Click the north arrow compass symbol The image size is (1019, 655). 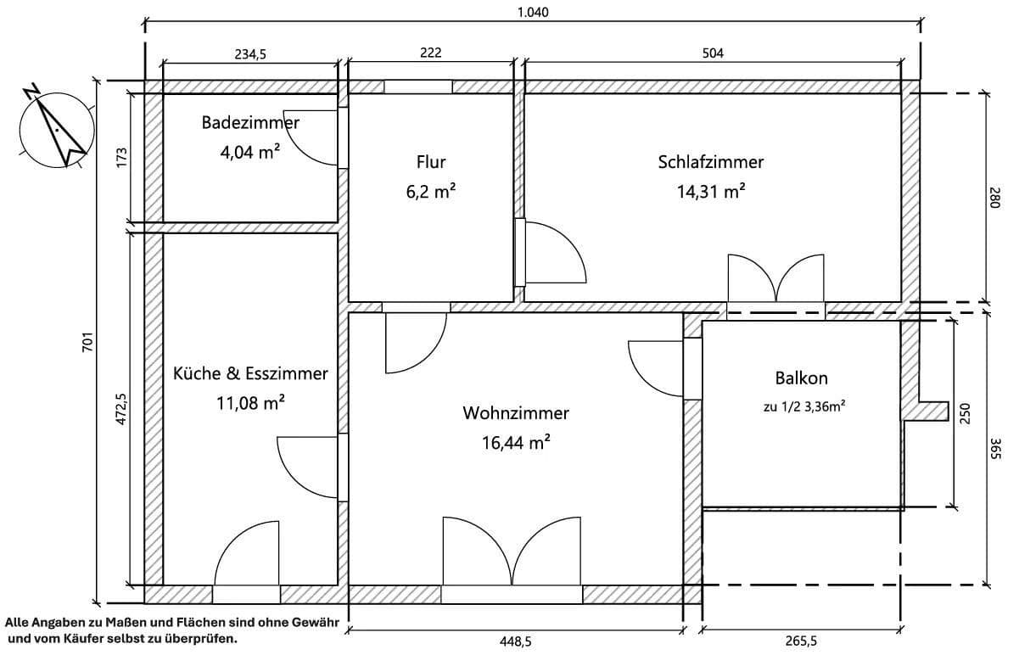(x=55, y=129)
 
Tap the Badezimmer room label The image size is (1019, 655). (x=249, y=123)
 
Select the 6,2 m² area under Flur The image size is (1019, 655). (x=430, y=193)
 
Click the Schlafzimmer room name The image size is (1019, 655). (x=710, y=162)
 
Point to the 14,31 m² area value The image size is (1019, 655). (x=710, y=192)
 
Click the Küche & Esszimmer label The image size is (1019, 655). (x=249, y=373)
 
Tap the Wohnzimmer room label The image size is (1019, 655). (x=515, y=413)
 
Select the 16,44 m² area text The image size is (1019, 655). (x=515, y=442)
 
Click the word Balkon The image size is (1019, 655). (x=800, y=378)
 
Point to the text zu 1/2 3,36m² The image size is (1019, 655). (x=800, y=407)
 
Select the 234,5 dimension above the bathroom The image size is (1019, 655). (x=249, y=53)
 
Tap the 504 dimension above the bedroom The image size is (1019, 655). (x=713, y=53)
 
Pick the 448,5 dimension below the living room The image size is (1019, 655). (x=515, y=641)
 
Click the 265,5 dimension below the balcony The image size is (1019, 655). (x=800, y=641)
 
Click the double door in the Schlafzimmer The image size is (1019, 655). (x=775, y=280)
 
